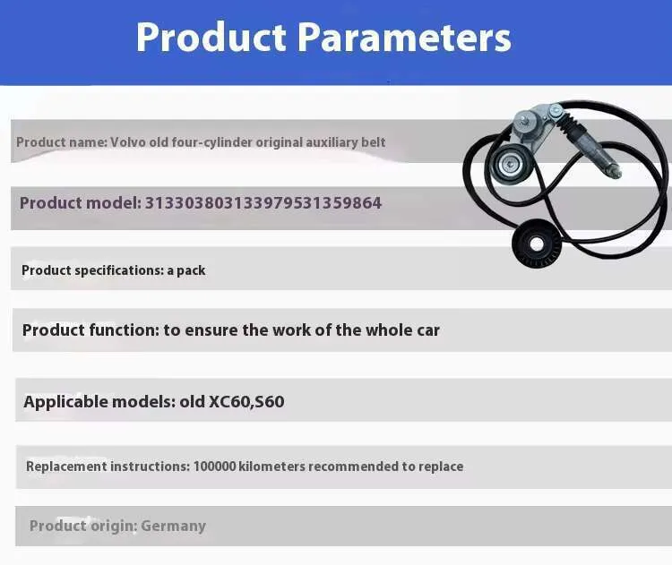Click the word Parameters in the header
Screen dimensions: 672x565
tap(404, 38)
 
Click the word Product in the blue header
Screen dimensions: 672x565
tap(211, 38)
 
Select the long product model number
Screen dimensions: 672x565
tap(263, 203)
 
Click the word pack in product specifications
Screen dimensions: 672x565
tap(191, 270)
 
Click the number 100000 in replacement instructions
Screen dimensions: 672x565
tap(214, 467)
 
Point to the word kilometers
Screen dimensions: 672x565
tap(271, 467)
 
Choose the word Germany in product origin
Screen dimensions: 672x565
tap(173, 526)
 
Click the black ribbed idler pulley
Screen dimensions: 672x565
tap(536, 244)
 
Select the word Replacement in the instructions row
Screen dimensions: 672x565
tap(66, 467)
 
